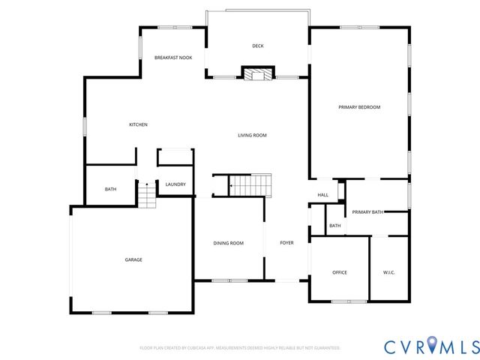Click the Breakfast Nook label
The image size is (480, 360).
click(x=173, y=58)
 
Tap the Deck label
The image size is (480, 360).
click(x=257, y=46)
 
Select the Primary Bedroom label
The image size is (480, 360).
click(x=359, y=107)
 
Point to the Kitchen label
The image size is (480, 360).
click(x=138, y=124)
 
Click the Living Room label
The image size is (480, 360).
click(x=252, y=135)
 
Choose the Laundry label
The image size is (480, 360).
click(x=175, y=184)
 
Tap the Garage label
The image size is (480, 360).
click(x=133, y=259)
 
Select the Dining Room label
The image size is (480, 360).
click(x=229, y=243)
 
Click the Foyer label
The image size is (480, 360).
click(x=286, y=243)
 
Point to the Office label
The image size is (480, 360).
click(x=339, y=272)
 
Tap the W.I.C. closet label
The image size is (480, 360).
click(x=389, y=272)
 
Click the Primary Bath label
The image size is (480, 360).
click(x=367, y=212)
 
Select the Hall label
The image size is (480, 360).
click(x=323, y=195)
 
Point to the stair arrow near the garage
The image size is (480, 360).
click(x=147, y=184)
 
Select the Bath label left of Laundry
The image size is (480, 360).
click(x=110, y=189)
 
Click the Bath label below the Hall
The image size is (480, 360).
click(x=335, y=226)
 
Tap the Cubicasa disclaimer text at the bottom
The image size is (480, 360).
click(x=240, y=348)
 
